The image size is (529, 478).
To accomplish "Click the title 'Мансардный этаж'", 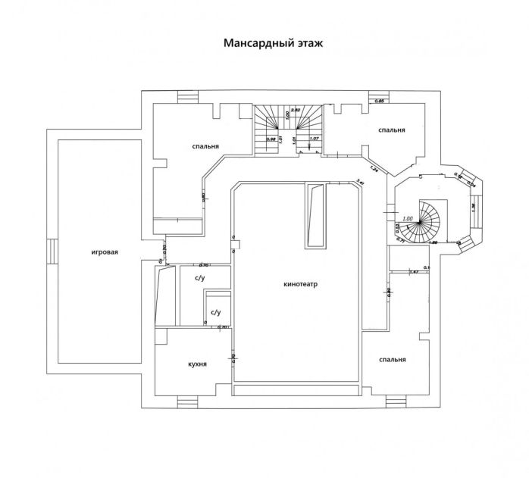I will click(x=273, y=43).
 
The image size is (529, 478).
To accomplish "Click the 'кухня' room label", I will click(x=198, y=364).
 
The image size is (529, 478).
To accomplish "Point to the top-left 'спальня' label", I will click(x=205, y=147).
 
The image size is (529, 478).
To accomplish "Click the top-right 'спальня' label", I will click(x=392, y=130).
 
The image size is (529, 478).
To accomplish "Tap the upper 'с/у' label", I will click(x=200, y=278).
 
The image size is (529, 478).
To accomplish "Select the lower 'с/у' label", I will click(x=215, y=311).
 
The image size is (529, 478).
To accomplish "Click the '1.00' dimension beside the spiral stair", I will click(x=407, y=219).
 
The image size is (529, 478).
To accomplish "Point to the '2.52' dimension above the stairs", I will click(x=296, y=111).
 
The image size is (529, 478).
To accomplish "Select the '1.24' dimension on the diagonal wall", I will click(x=374, y=167).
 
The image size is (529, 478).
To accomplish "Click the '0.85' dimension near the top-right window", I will click(x=381, y=101).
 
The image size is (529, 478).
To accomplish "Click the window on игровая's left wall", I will click(x=50, y=251).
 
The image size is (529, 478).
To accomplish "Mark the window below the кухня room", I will click(x=186, y=401).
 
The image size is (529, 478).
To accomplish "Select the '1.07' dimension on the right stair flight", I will click(x=315, y=139).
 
